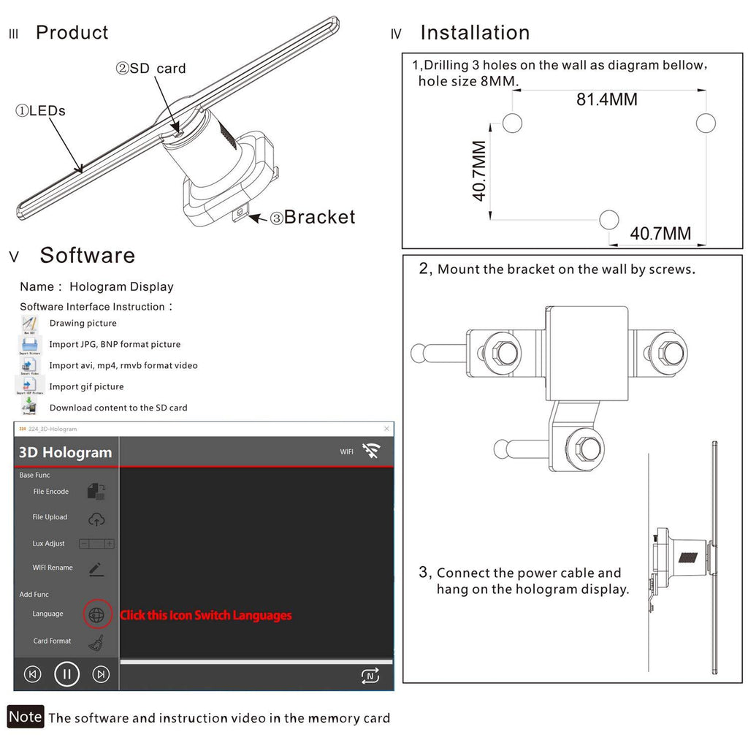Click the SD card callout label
[x=151, y=69]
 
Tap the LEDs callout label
[x=41, y=111]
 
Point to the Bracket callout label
[x=313, y=217]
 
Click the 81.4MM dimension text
[x=606, y=99]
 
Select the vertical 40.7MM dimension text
[x=479, y=171]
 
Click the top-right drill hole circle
[x=705, y=123]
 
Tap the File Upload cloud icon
[x=96, y=519]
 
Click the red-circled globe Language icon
[x=96, y=615]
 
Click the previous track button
[x=32, y=673]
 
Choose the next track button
[x=102, y=673]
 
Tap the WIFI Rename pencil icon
[x=96, y=569]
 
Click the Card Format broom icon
[x=96, y=643]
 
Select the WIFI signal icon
[x=371, y=451]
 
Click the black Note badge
[x=26, y=717]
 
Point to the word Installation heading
[x=475, y=33]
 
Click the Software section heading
[x=87, y=255]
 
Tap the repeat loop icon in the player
[x=370, y=676]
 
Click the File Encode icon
[x=96, y=492]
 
